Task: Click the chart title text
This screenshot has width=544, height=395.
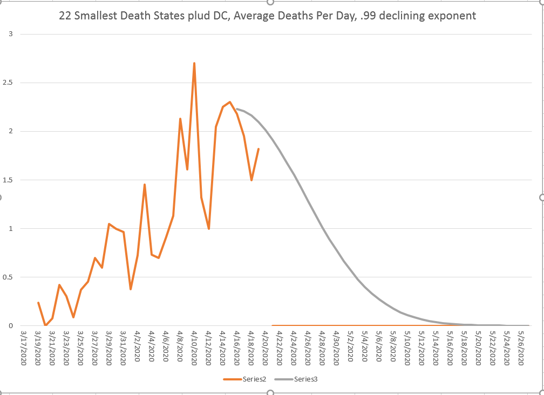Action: [267, 16]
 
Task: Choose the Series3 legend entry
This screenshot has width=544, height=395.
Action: [296, 379]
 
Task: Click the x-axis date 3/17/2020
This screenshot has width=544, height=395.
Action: [24, 349]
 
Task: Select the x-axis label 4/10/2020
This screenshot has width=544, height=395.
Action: [194, 349]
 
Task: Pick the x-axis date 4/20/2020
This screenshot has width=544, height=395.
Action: [266, 349]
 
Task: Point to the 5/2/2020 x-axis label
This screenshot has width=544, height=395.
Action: [351, 349]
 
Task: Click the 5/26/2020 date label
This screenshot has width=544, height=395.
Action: [522, 349]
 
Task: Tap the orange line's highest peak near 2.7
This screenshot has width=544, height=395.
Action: [194, 63]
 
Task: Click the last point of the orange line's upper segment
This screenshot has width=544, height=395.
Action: [259, 149]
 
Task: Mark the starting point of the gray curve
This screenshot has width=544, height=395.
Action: [237, 109]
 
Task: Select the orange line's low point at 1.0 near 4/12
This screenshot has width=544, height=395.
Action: [208, 229]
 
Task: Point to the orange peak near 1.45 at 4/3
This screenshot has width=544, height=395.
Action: [145, 185]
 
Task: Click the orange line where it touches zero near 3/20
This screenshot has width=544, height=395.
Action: [45, 325]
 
